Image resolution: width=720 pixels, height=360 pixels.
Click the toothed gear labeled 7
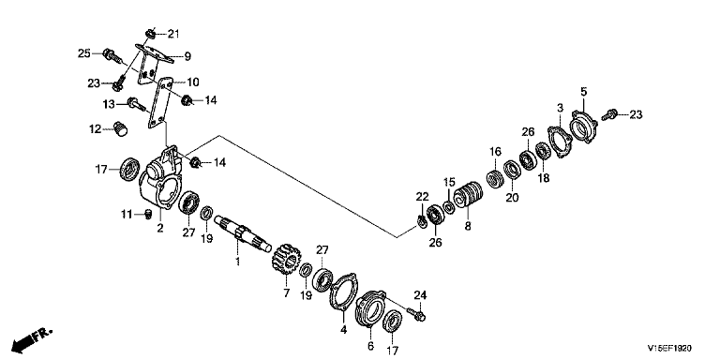(286, 259)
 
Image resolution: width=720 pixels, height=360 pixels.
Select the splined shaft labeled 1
(243, 233)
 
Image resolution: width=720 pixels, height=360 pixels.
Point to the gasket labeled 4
(344, 292)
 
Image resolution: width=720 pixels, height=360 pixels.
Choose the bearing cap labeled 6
(370, 308)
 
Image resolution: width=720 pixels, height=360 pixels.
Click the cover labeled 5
(583, 127)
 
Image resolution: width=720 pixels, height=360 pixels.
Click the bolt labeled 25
(112, 56)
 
